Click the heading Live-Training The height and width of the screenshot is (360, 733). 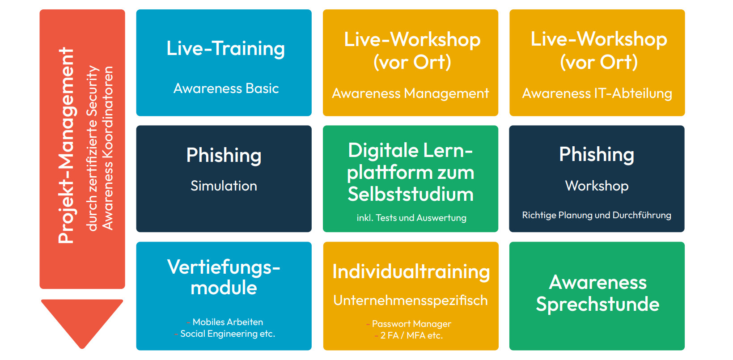(225, 48)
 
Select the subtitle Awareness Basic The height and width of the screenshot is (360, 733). (226, 89)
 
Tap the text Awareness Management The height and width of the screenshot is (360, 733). (411, 93)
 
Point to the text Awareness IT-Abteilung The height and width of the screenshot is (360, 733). (597, 93)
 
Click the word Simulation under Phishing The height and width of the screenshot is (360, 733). (224, 186)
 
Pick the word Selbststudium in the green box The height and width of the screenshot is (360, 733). (411, 194)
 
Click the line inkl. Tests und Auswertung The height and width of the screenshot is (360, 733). (411, 218)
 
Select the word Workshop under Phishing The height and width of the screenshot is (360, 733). (597, 186)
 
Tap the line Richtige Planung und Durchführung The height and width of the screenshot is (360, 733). (597, 215)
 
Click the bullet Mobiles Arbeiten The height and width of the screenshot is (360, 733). (228, 322)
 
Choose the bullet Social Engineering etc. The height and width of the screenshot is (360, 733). (228, 334)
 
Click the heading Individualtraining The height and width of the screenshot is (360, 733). (411, 272)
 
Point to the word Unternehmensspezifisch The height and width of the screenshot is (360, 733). (411, 301)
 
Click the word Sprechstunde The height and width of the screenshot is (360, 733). (597, 305)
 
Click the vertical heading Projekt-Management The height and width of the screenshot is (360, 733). (67, 146)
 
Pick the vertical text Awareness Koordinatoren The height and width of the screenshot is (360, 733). (107, 148)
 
